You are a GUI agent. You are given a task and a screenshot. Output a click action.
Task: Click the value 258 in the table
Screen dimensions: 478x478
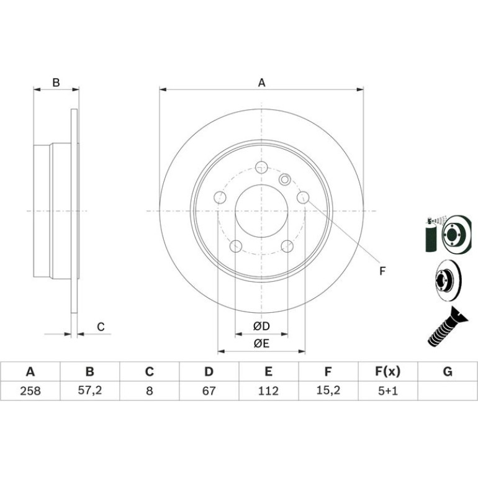[30, 390]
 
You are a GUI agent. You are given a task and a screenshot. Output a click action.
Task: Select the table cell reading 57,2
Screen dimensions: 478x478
[89, 390]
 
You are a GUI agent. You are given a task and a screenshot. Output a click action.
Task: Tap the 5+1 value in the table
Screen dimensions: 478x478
[388, 390]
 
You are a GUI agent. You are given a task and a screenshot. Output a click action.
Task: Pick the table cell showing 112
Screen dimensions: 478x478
[268, 390]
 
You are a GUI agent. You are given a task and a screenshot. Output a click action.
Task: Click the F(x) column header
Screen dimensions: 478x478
[388, 371]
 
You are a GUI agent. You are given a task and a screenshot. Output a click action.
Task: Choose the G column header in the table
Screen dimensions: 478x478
[448, 371]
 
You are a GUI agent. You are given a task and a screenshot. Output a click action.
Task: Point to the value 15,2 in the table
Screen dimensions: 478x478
[328, 390]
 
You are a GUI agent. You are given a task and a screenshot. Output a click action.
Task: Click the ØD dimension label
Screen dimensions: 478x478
[261, 326]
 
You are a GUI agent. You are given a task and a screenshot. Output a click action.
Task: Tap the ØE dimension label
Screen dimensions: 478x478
[261, 343]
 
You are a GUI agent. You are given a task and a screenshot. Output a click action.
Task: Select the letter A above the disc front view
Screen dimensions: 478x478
[261, 83]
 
